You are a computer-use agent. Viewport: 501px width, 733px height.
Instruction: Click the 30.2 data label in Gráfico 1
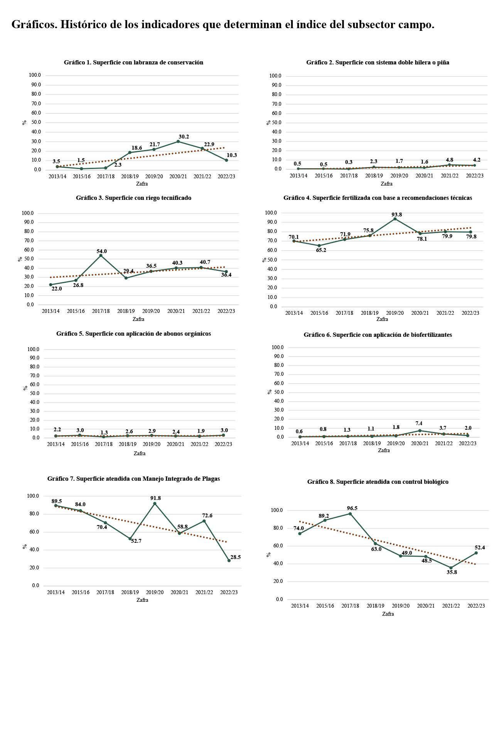pos(184,137)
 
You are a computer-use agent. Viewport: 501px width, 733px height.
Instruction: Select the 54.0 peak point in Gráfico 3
pos(101,255)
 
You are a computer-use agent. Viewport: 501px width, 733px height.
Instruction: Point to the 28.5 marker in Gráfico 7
pos(229,561)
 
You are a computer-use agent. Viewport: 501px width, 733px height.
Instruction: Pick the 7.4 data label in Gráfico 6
pos(419,424)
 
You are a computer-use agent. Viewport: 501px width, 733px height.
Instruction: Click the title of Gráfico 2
pos(378,62)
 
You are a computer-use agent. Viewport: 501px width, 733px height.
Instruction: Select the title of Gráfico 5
pos(133,334)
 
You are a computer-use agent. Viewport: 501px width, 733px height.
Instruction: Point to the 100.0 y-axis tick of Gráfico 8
pos(277,510)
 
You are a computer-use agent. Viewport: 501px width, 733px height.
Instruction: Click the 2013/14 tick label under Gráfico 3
pos(51,311)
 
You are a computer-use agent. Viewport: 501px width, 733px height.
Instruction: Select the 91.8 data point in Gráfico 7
pos(155,503)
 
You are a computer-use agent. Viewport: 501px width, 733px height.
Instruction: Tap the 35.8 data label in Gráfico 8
pos(452,573)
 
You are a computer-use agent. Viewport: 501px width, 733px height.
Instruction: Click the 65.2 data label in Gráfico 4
pos(321,250)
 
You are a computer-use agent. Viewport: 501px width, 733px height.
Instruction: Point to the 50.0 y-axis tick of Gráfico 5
pos(34,394)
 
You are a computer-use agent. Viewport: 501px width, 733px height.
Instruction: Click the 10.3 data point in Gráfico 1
pos(226,160)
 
